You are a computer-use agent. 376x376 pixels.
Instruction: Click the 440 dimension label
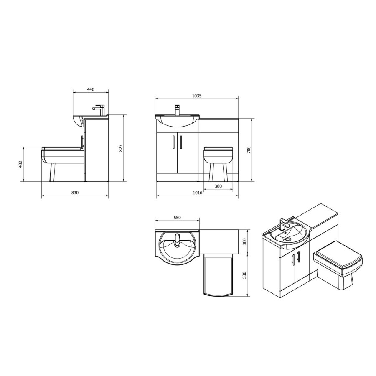click(91, 89)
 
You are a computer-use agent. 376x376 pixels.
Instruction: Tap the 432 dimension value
click(20, 164)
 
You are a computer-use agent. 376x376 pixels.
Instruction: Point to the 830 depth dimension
click(75, 193)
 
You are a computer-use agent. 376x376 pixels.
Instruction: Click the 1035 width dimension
click(197, 96)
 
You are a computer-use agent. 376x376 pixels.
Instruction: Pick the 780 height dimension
click(249, 150)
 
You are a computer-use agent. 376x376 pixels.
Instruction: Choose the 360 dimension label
click(218, 186)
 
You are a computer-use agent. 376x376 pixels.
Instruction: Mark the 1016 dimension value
click(197, 193)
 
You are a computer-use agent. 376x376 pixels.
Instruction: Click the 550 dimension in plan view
click(177, 218)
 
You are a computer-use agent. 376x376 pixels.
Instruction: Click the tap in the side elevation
click(99, 109)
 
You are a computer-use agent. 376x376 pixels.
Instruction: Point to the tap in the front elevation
click(177, 110)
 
